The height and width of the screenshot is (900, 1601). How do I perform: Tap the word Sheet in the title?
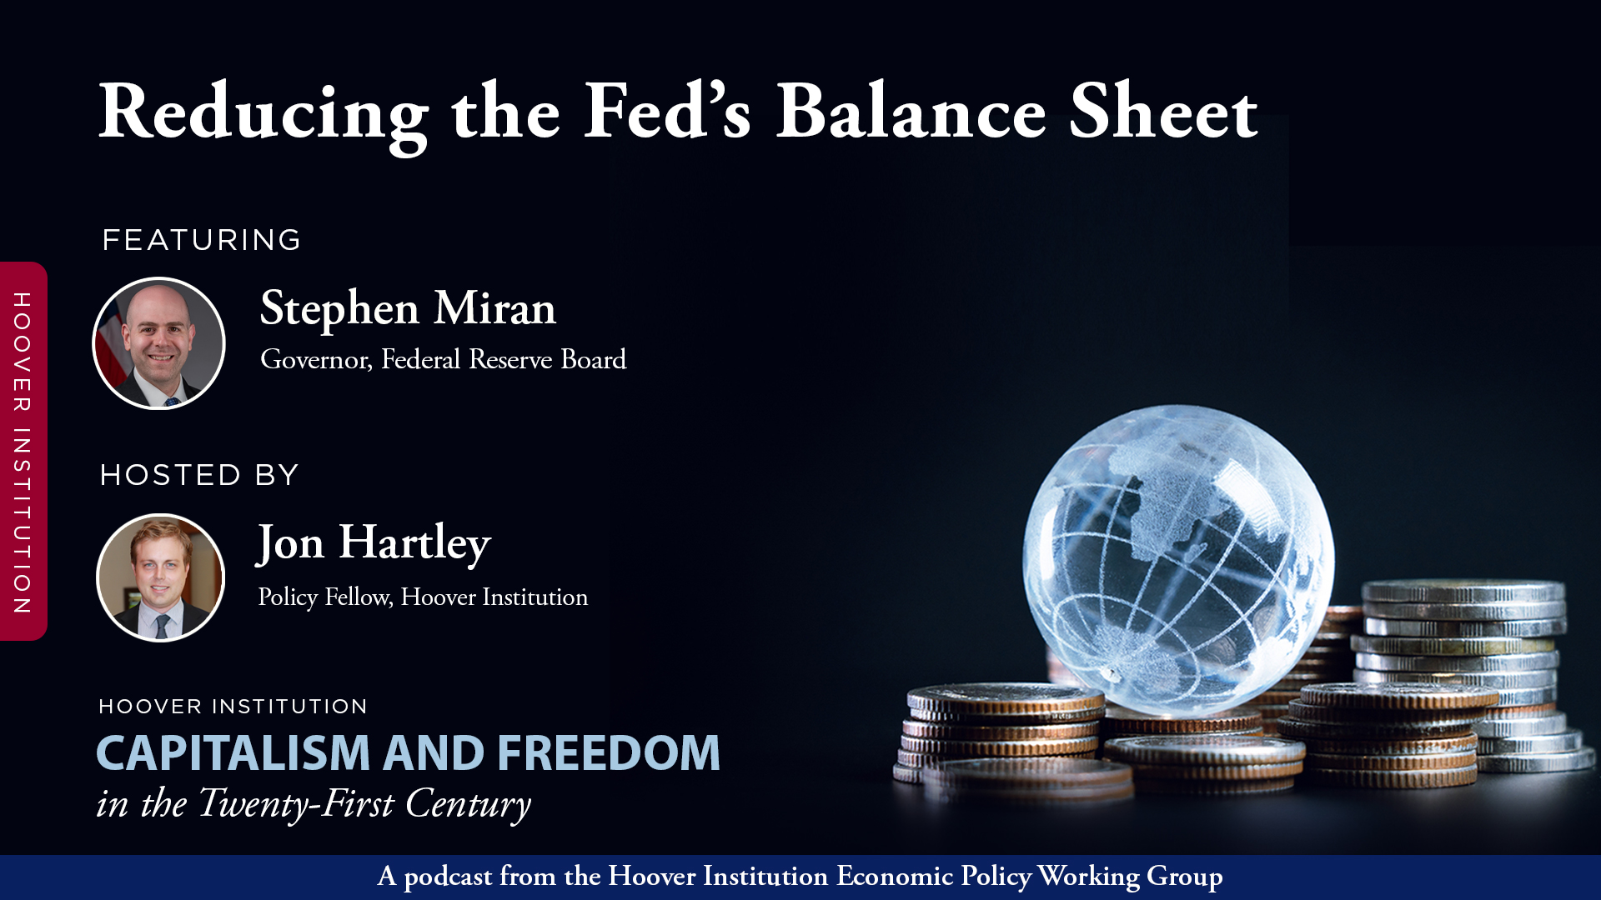tap(1163, 112)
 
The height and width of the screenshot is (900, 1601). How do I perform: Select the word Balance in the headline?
tap(911, 112)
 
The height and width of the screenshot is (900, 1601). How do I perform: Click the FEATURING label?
tap(201, 240)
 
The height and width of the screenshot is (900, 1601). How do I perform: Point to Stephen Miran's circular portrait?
tap(158, 343)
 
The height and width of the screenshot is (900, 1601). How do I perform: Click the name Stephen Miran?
tap(408, 308)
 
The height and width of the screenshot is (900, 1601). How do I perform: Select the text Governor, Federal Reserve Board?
tap(443, 359)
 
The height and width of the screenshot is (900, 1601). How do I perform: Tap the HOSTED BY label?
tap(199, 475)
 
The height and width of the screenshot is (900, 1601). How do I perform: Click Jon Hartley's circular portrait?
tap(160, 577)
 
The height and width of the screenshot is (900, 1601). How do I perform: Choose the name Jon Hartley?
tap(374, 543)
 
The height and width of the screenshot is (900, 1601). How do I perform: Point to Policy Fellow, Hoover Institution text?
tap(423, 597)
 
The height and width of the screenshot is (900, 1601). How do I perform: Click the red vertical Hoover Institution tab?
tap(23, 452)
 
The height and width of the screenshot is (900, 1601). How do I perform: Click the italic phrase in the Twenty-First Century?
tap(314, 803)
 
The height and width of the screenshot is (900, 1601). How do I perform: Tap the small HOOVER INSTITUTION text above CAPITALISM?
tap(233, 707)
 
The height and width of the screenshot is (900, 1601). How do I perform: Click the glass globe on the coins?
tap(1177, 558)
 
